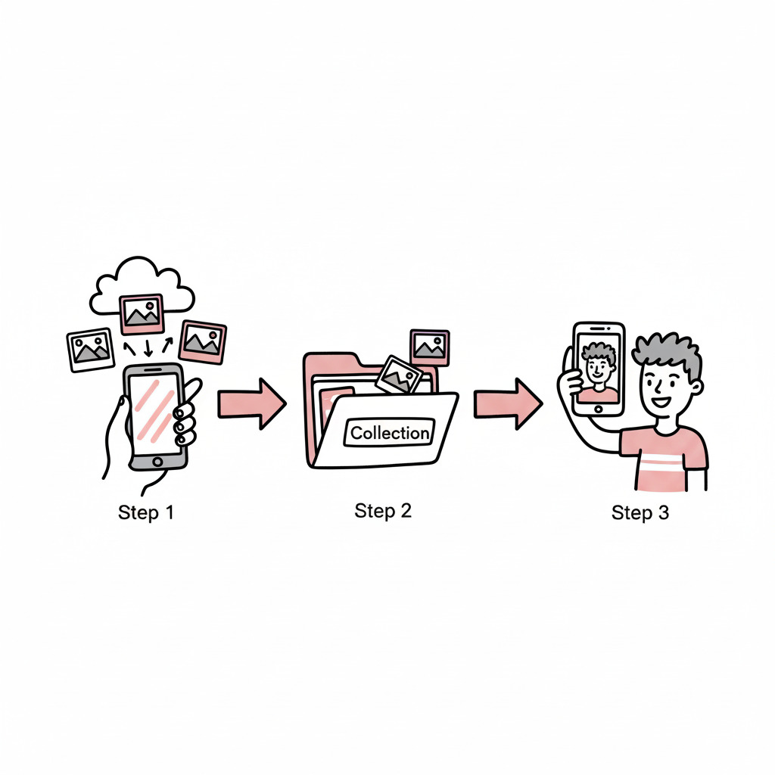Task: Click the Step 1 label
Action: (x=146, y=512)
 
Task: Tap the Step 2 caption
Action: (x=383, y=511)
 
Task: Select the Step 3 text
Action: (x=640, y=512)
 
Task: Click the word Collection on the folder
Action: (x=390, y=433)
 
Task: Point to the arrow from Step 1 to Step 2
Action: (x=251, y=404)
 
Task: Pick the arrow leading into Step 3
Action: (x=508, y=404)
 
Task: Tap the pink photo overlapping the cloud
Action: (x=142, y=314)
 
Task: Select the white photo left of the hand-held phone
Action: (x=91, y=350)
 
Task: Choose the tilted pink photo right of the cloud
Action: (x=202, y=342)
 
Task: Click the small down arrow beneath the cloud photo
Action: (x=148, y=348)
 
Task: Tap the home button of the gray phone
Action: (x=157, y=462)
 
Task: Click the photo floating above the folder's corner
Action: (x=430, y=347)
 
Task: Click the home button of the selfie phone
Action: (x=599, y=409)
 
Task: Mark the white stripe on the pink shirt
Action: (x=661, y=463)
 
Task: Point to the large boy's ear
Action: (x=696, y=387)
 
